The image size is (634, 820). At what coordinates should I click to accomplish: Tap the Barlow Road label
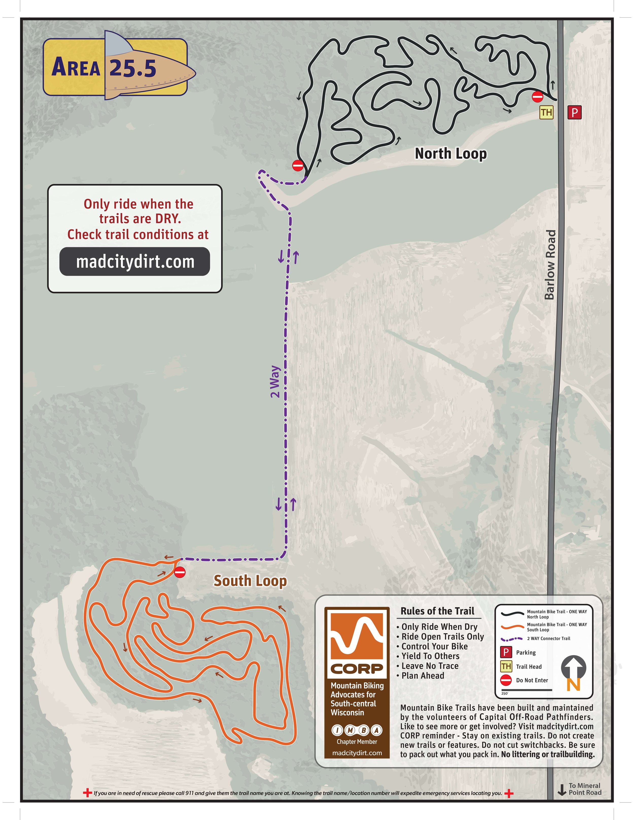[550, 265]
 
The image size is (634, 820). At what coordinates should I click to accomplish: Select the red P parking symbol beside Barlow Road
[574, 112]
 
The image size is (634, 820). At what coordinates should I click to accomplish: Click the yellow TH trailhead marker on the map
[546, 112]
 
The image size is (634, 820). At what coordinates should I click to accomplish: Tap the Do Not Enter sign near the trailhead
[537, 97]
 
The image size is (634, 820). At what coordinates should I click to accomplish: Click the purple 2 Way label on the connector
[275, 381]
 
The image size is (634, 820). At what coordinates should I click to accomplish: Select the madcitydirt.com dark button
[135, 262]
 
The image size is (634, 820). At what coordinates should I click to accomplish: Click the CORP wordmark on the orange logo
[356, 669]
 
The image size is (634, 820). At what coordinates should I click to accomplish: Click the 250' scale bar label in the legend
[505, 694]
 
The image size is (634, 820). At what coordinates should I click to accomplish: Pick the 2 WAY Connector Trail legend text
[548, 638]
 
